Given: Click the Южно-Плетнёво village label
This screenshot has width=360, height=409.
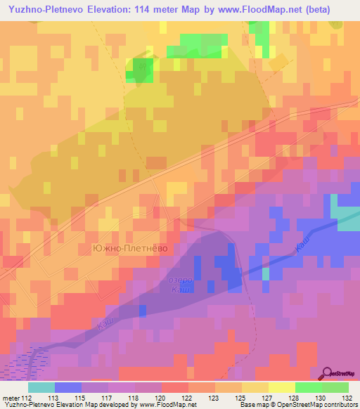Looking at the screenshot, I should (131, 248).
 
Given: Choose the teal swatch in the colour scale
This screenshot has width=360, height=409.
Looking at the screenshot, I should (41, 387).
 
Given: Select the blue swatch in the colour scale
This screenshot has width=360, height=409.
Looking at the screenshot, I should (68, 387).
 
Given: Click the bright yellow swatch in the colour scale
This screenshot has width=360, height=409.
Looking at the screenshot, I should (282, 387).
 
